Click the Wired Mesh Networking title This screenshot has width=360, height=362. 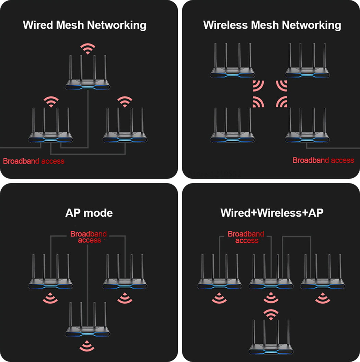pos(84,25)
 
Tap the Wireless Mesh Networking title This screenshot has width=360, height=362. pos(272,25)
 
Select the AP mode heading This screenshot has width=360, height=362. pos(89,213)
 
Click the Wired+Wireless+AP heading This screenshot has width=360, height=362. pos(272,213)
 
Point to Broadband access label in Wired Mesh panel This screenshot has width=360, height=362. pos(34,161)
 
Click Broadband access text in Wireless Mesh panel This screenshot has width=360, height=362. pos(323,160)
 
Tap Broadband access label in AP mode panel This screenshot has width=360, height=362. pos(88,237)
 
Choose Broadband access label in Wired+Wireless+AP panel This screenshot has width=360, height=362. pos(246,237)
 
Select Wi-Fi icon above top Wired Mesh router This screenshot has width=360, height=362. pos(88,48)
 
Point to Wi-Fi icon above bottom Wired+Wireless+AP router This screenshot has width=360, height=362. pos(271,314)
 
